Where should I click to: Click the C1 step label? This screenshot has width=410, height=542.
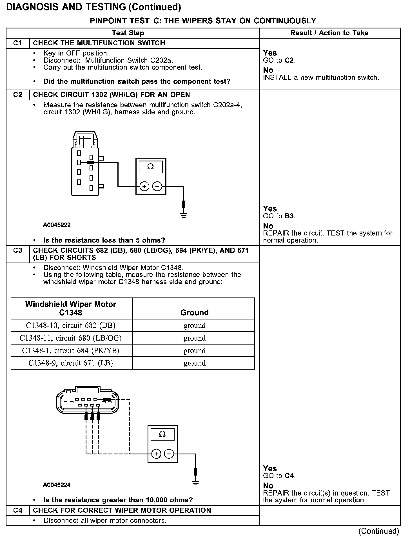(x=17, y=43)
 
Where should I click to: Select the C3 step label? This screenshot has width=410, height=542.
(x=17, y=250)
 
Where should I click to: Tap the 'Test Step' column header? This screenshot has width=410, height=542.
(x=128, y=33)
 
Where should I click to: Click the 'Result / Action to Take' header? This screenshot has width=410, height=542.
(x=329, y=33)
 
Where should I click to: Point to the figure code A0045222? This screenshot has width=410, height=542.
(x=57, y=225)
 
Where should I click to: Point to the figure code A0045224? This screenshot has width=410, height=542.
(x=57, y=485)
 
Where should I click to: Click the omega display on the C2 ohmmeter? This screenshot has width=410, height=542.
(x=151, y=167)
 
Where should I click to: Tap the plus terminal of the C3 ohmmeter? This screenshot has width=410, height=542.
(x=156, y=454)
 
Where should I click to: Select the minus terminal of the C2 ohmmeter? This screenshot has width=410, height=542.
(x=157, y=186)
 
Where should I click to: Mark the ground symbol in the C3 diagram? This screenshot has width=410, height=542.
(x=195, y=483)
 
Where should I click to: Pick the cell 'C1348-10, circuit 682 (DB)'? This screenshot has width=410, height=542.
(x=71, y=325)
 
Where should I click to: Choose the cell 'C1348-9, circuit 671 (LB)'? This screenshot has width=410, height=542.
(x=71, y=363)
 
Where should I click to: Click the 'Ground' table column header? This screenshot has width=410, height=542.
(x=194, y=312)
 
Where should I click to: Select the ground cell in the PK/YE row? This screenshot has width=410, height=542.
(x=195, y=350)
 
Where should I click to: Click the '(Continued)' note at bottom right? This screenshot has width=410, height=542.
(x=379, y=531)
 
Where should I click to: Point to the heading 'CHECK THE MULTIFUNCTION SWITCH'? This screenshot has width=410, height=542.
(x=99, y=43)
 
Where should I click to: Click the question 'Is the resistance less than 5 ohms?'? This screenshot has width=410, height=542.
(x=104, y=240)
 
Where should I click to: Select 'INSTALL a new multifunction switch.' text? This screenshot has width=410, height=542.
(x=321, y=77)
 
